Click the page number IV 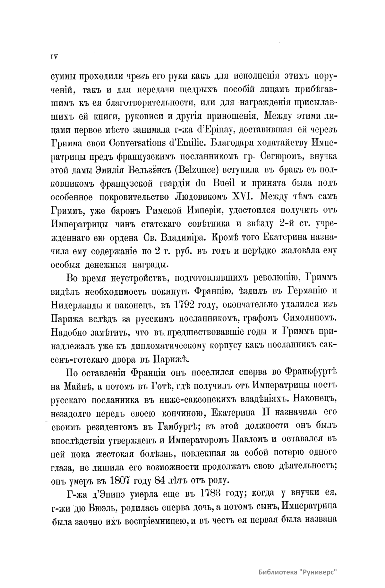click(54, 57)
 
